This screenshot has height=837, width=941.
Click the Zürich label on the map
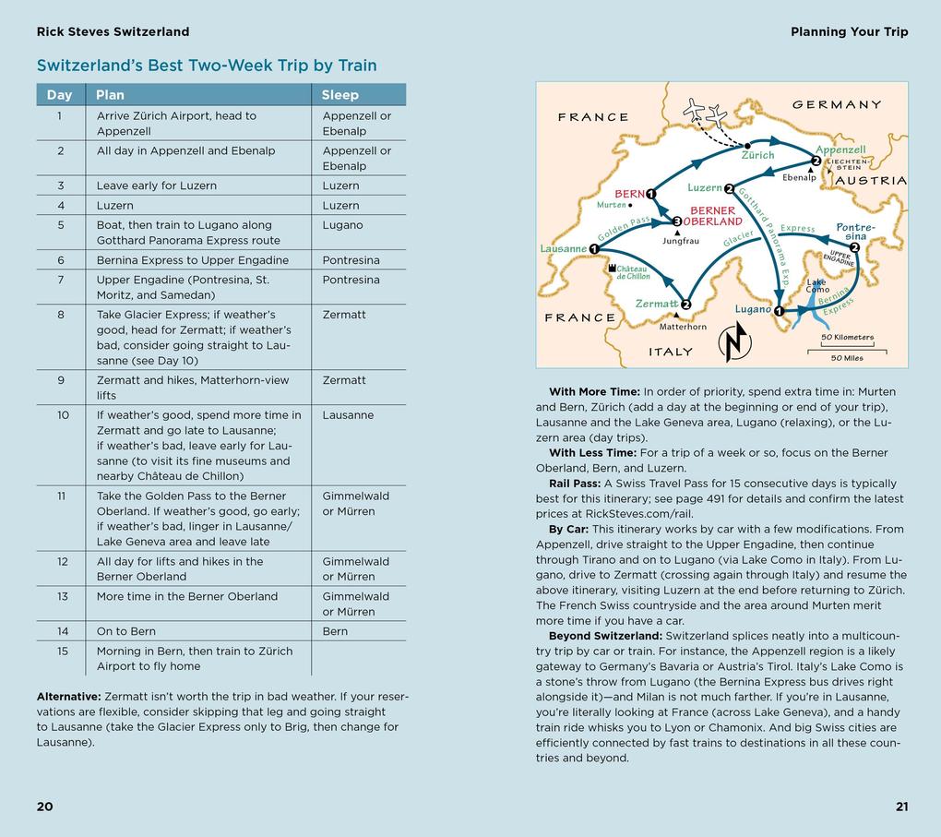point(757,156)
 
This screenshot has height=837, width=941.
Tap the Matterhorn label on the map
point(683,327)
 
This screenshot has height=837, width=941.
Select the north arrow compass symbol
point(734,343)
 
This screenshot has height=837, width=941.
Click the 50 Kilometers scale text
point(847,338)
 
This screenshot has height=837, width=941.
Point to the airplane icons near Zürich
point(706,114)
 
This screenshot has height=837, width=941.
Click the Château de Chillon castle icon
point(611,268)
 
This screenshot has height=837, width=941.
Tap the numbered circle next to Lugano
point(779,311)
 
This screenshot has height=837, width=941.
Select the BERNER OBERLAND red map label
point(713,216)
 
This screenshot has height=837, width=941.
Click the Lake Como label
point(817,286)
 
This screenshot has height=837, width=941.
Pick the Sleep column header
point(339,95)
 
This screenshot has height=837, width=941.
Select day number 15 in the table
point(60,651)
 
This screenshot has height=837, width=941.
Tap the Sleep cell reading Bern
point(335,631)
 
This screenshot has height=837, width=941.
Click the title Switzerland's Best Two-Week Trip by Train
point(207,66)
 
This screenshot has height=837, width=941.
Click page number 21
point(901,807)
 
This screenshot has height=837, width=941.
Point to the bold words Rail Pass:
point(575,484)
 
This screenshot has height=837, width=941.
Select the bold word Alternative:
point(68,697)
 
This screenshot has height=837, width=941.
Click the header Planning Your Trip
point(849,31)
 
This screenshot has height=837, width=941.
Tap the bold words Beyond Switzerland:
point(605,636)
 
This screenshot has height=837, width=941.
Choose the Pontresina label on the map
point(855,232)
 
